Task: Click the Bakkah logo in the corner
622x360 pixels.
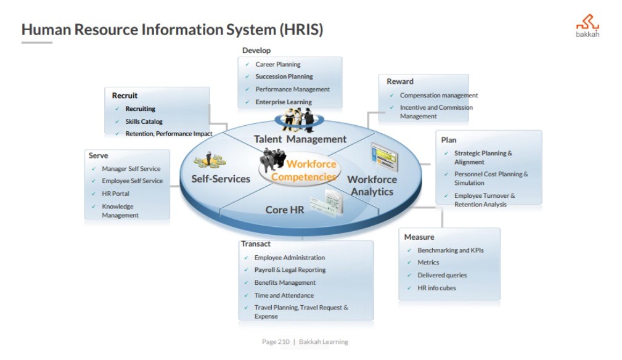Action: click(x=587, y=26)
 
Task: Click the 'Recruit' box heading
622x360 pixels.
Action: click(x=125, y=96)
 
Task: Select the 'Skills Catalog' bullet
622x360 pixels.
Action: click(x=144, y=121)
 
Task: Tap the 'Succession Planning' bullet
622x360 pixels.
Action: click(x=284, y=76)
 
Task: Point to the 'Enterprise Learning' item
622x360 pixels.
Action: click(x=284, y=102)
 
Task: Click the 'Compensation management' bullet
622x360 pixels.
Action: click(x=439, y=96)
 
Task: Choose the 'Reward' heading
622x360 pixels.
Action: click(x=400, y=81)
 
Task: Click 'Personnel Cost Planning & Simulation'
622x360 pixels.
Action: click(x=491, y=178)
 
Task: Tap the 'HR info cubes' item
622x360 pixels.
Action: click(x=436, y=288)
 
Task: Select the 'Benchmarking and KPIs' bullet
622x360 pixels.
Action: click(x=451, y=250)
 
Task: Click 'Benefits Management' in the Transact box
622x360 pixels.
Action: click(x=285, y=282)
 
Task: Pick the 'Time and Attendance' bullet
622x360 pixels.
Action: click(x=284, y=295)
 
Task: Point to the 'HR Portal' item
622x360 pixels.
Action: click(x=115, y=194)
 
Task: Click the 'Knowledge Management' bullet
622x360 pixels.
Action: click(x=120, y=211)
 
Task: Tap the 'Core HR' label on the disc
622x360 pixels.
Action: click(x=285, y=210)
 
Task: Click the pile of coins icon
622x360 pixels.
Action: click(x=210, y=162)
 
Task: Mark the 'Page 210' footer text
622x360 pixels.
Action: click(x=276, y=342)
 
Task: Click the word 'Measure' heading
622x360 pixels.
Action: click(x=419, y=237)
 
